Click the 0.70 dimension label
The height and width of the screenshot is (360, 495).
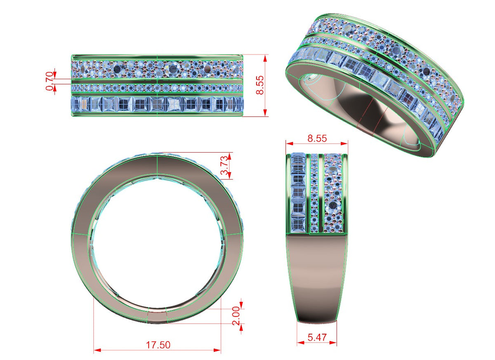tap(50, 81)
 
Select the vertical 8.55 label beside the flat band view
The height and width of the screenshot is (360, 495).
tap(260, 85)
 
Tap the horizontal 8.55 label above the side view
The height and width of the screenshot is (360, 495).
tap(317, 138)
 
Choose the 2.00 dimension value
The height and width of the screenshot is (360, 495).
tap(236, 315)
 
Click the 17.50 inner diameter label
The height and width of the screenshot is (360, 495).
tap(158, 345)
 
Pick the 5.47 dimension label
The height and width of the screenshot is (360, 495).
tap(317, 337)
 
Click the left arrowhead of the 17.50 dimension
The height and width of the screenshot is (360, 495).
tap(97, 350)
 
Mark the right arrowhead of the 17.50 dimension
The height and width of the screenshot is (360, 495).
tap(217, 350)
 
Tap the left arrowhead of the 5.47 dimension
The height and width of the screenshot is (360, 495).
tap(301, 343)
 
